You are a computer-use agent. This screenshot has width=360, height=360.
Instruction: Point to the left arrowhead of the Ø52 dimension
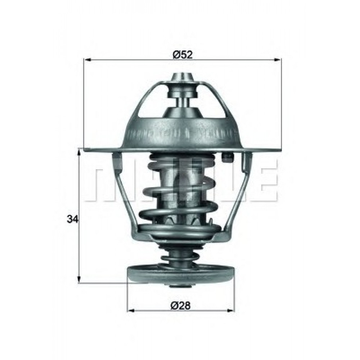click(87, 60)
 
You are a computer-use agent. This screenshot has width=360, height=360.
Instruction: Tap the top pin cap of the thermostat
click(182, 78)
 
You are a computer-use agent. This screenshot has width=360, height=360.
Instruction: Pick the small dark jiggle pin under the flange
click(228, 157)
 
